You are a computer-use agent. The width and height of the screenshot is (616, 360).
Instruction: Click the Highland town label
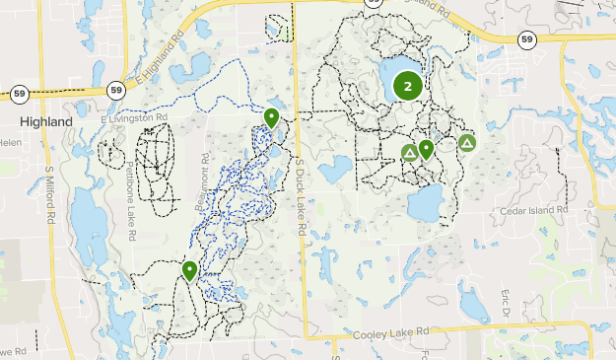coord(45,120)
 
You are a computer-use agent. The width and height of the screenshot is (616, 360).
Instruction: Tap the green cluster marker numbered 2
coord(407,86)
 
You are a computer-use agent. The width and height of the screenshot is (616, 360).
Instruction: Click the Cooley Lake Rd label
coord(391,333)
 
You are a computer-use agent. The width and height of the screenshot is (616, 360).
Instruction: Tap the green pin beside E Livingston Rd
coord(271,118)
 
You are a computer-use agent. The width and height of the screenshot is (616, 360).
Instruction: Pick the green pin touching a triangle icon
coord(426,150)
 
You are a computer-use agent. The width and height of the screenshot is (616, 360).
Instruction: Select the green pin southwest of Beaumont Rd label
coord(189,270)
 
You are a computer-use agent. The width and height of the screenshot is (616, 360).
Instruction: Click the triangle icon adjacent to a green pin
coord(409,153)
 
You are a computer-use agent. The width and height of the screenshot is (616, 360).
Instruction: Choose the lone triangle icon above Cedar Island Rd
coord(467,144)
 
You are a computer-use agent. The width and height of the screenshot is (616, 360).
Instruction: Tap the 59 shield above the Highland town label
coord(19,93)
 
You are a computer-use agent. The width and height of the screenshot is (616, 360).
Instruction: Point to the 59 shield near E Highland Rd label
coord(116,83)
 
